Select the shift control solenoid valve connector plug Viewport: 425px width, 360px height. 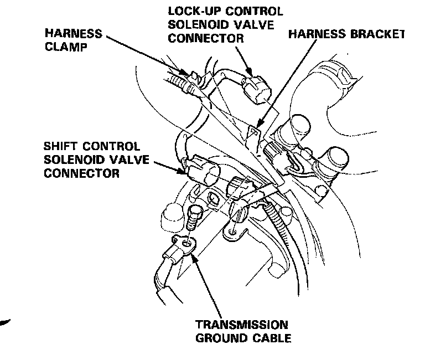(x=203, y=169)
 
